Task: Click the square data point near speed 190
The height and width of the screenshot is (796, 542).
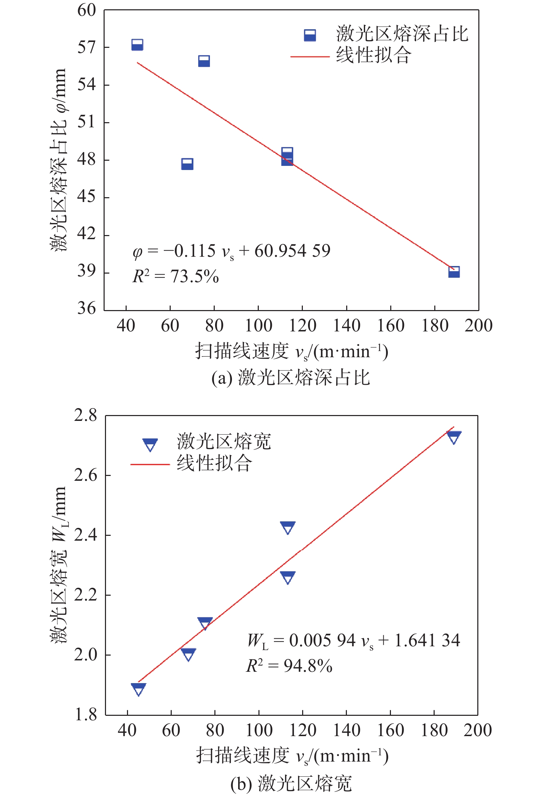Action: [454, 272]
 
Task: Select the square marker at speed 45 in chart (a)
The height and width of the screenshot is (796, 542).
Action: [137, 45]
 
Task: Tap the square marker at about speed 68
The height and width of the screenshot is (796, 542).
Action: [187, 164]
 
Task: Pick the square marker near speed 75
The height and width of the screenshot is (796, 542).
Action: [204, 61]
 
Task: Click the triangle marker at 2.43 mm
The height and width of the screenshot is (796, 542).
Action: [288, 528]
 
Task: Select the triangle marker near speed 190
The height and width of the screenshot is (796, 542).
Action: [454, 437]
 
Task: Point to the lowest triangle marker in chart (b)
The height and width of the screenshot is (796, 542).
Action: [138, 689]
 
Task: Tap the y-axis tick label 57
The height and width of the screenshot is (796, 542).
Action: [86, 47]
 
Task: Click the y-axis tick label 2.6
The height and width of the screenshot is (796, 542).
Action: [86, 475]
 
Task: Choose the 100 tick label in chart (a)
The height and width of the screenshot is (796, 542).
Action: [258, 326]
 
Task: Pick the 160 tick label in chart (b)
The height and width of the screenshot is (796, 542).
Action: [390, 730]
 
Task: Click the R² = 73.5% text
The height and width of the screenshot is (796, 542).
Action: [176, 276]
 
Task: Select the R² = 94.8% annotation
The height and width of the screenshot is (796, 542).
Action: [289, 666]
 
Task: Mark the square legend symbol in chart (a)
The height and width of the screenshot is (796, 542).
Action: [310, 35]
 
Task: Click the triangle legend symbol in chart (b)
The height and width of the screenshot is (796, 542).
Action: [150, 444]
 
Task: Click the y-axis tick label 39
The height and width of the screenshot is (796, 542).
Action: [86, 272]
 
